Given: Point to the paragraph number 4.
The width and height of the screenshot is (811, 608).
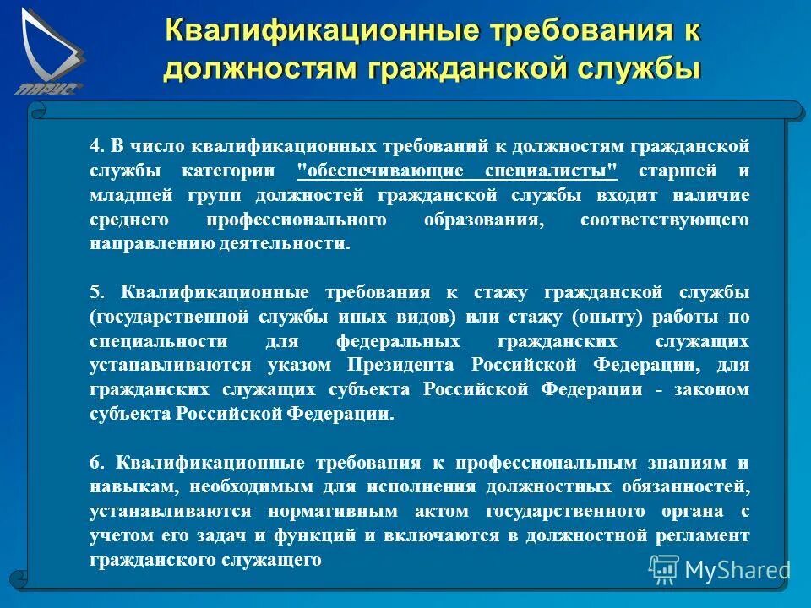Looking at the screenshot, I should pyautogui.click(x=95, y=145).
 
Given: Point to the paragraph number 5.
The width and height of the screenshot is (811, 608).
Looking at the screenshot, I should pyautogui.click(x=95, y=292).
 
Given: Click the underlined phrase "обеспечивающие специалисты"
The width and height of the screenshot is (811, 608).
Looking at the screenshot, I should pyautogui.click(x=457, y=171).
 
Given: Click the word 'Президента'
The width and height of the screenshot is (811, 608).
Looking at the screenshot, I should pyautogui.click(x=404, y=366).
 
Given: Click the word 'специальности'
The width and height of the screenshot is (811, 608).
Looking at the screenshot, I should pyautogui.click(x=159, y=341).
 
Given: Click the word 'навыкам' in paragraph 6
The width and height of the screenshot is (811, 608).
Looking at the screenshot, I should pyautogui.click(x=127, y=487).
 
